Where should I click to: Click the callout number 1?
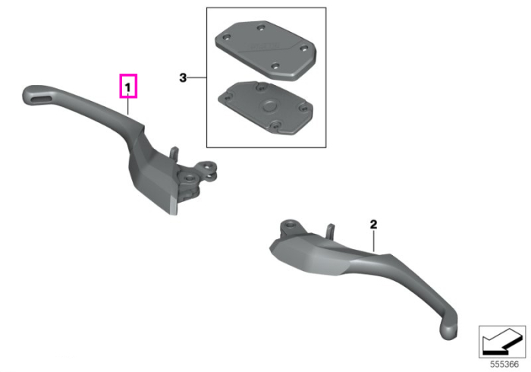127,88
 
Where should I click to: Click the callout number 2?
373,224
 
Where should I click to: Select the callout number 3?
183,78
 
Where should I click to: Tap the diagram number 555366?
504,364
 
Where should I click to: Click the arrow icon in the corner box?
501,343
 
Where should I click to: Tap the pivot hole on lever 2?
291,224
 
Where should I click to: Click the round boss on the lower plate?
269,106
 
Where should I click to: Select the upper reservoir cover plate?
265,50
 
